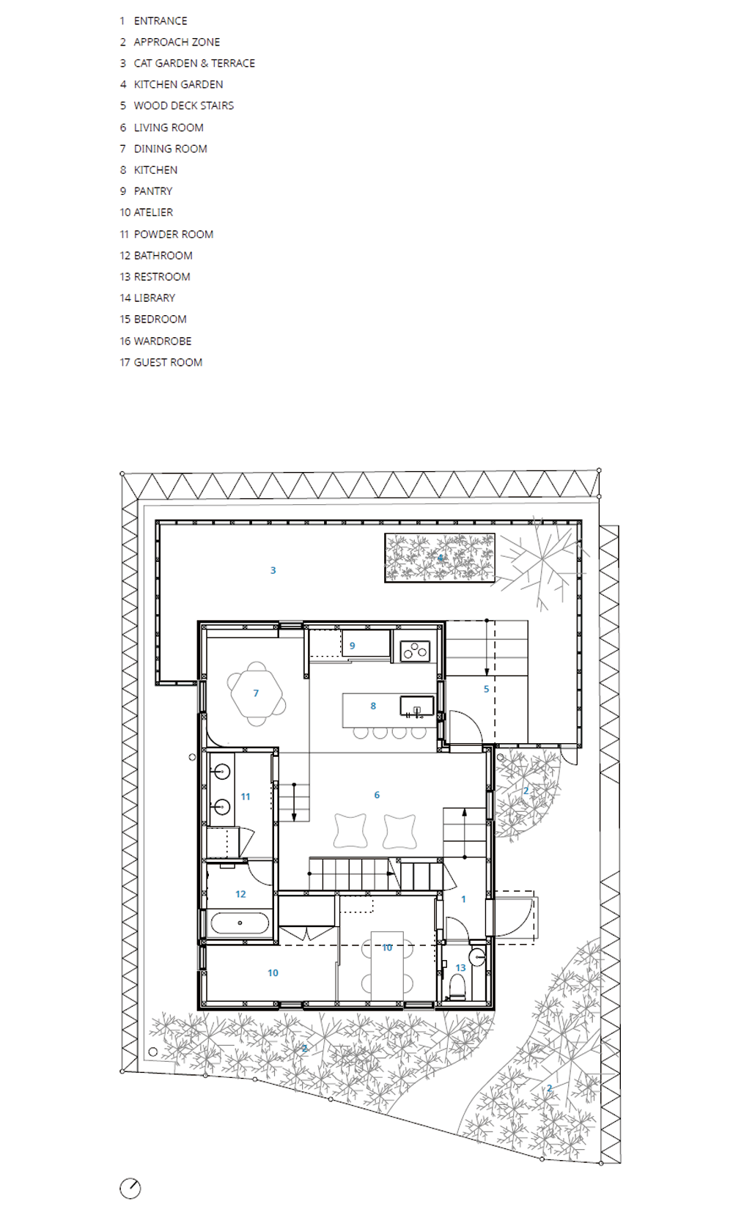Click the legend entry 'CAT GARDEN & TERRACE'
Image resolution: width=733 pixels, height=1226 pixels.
click(x=194, y=64)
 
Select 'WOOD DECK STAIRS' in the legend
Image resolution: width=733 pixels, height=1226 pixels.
click(x=184, y=106)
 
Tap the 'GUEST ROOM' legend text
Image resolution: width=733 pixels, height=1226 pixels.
click(x=168, y=362)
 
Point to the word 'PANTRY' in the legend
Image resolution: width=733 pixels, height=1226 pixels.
click(x=153, y=191)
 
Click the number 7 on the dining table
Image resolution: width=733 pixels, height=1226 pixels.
click(x=256, y=693)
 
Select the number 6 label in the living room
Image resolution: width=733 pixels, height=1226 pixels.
click(x=377, y=794)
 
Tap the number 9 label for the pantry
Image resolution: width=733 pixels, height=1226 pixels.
click(x=352, y=646)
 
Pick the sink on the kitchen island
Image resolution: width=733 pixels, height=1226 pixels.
click(x=416, y=706)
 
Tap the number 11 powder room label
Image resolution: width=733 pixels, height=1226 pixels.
click(x=246, y=797)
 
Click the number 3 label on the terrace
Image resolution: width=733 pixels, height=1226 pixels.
click(x=273, y=570)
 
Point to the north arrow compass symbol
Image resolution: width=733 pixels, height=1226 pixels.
click(x=130, y=1188)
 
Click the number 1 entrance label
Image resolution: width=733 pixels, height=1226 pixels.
click(x=463, y=898)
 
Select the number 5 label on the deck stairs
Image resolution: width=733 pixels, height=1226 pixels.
click(x=486, y=689)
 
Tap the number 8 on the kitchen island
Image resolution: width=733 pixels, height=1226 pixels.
click(x=373, y=706)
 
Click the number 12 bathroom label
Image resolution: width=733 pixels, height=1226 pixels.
click(x=240, y=894)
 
